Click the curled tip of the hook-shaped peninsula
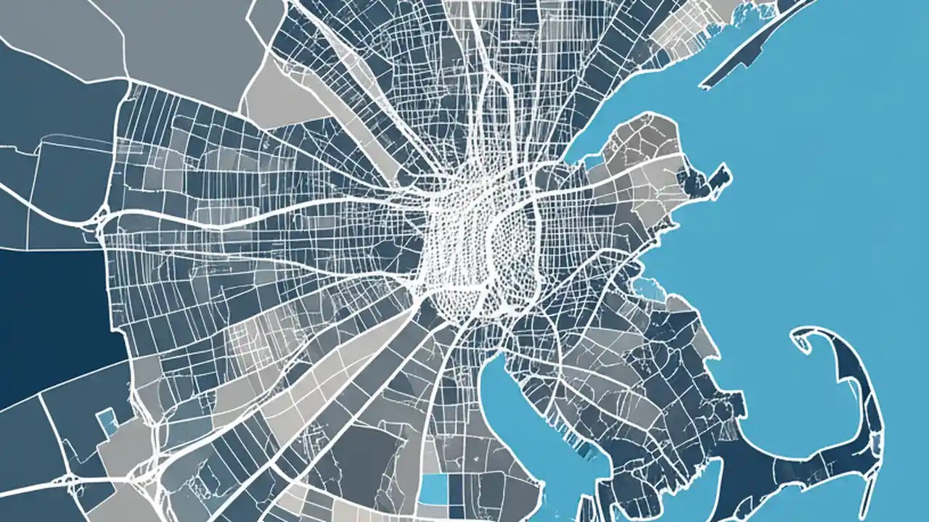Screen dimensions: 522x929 coord(798,335)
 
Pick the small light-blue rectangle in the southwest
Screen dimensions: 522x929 coord(107,421)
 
